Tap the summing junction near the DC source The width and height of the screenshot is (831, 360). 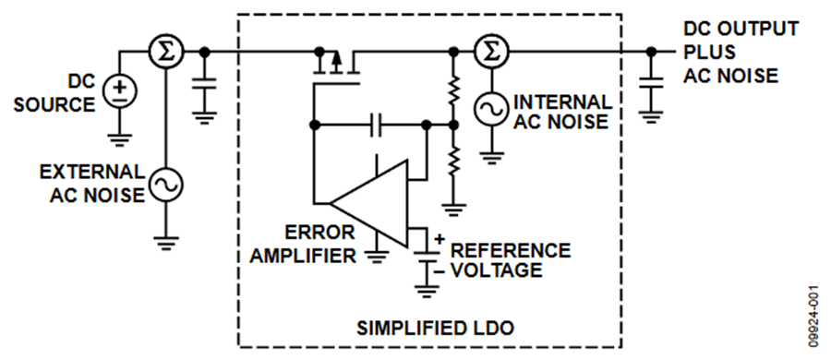pyautogui.click(x=165, y=52)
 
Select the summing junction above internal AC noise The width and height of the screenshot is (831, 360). pyautogui.click(x=491, y=52)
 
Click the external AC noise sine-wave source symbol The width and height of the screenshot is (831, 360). pyautogui.click(x=165, y=185)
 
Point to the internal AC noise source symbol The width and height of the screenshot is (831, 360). pyautogui.click(x=491, y=109)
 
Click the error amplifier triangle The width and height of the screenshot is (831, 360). pyautogui.click(x=369, y=203)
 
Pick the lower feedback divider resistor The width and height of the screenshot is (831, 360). pyautogui.click(x=453, y=162)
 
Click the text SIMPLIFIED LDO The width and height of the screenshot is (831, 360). pyautogui.click(x=435, y=329)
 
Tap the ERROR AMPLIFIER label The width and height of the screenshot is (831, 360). pyautogui.click(x=304, y=245)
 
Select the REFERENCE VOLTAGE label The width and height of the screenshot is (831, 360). pyautogui.click(x=511, y=259)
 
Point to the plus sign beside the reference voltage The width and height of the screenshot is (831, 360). pyautogui.click(x=440, y=239)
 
